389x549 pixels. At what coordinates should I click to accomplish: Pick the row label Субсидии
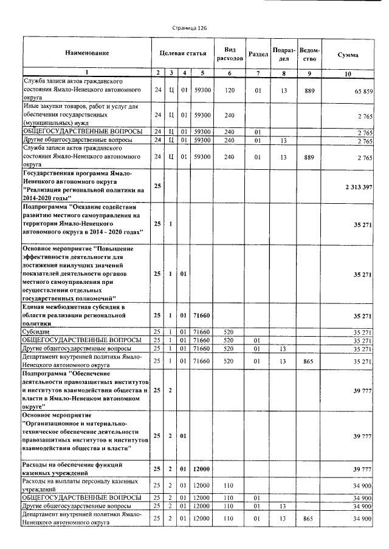pos(33,332)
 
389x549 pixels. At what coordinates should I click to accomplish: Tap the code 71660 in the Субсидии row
pos(201,332)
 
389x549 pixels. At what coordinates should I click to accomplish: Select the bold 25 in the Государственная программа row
pos(157,186)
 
